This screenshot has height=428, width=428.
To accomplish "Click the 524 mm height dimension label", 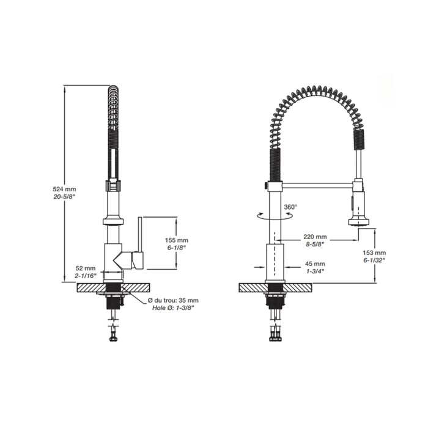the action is pyautogui.click(x=64, y=189).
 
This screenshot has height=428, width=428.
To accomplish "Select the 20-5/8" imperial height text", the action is pyautogui.click(x=64, y=196).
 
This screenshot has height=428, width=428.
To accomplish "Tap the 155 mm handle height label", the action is pyautogui.click(x=177, y=240).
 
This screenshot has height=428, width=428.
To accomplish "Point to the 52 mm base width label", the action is pyautogui.click(x=86, y=268).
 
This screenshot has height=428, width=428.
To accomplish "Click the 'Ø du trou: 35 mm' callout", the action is pyautogui.click(x=173, y=301).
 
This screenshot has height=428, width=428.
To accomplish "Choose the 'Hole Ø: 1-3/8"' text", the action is pyautogui.click(x=173, y=308).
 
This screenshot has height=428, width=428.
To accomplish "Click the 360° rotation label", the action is pyautogui.click(x=290, y=207).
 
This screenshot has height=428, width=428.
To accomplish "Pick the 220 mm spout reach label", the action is pyautogui.click(x=315, y=237).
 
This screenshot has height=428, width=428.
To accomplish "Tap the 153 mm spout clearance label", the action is pyautogui.click(x=374, y=253).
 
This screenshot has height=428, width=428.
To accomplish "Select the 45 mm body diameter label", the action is pyautogui.click(x=315, y=264).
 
